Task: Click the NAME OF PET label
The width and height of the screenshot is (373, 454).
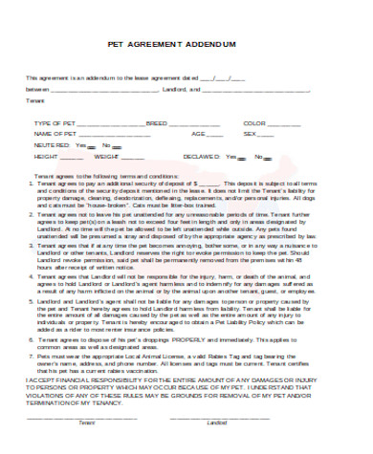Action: point(54,135)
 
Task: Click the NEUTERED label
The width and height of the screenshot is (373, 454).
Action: point(51,145)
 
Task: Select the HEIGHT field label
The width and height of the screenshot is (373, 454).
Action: point(46,156)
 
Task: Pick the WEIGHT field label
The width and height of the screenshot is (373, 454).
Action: point(106,156)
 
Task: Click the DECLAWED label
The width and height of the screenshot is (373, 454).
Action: point(226,156)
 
